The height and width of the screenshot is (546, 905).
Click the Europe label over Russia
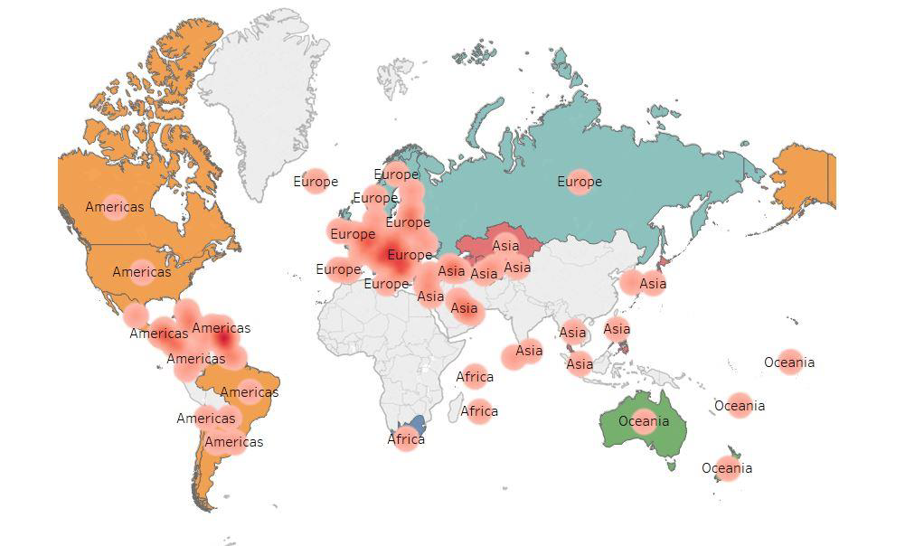pos(580,182)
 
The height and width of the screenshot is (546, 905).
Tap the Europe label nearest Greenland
pos(316,182)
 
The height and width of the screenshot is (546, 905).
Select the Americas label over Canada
pos(115,207)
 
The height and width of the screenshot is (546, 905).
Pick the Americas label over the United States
pos(142,272)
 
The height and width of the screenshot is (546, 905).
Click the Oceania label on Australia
pos(644,421)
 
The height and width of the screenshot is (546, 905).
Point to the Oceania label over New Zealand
pos(727,468)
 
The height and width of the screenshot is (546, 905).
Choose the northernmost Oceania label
pos(789,362)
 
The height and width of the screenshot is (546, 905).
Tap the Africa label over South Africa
pos(406,439)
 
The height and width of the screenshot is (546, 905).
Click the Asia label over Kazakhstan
pos(505,245)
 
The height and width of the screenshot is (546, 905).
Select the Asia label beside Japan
pos(652,284)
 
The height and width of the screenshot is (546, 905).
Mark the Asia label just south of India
pos(529,351)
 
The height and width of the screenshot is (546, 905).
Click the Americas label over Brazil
pos(250,392)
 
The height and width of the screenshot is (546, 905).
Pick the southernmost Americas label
pos(234,442)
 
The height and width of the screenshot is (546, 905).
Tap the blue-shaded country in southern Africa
pos(418,424)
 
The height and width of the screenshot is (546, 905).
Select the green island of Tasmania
pos(672,466)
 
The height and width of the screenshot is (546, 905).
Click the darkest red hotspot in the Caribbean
pos(223,342)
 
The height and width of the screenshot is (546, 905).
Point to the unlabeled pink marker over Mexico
pos(136,315)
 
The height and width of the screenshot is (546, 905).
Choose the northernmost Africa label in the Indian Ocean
pos(475,377)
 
